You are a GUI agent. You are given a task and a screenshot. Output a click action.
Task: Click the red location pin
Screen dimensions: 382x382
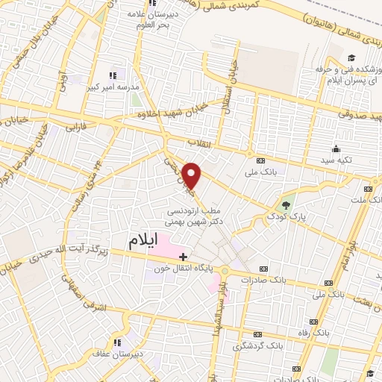point(192,175)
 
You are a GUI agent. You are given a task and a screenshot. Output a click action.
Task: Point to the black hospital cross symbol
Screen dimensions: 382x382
point(183,257)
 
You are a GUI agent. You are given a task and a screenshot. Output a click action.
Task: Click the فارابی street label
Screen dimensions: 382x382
point(75,128)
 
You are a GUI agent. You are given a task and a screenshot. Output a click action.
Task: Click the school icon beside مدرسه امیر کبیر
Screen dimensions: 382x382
point(113,75)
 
